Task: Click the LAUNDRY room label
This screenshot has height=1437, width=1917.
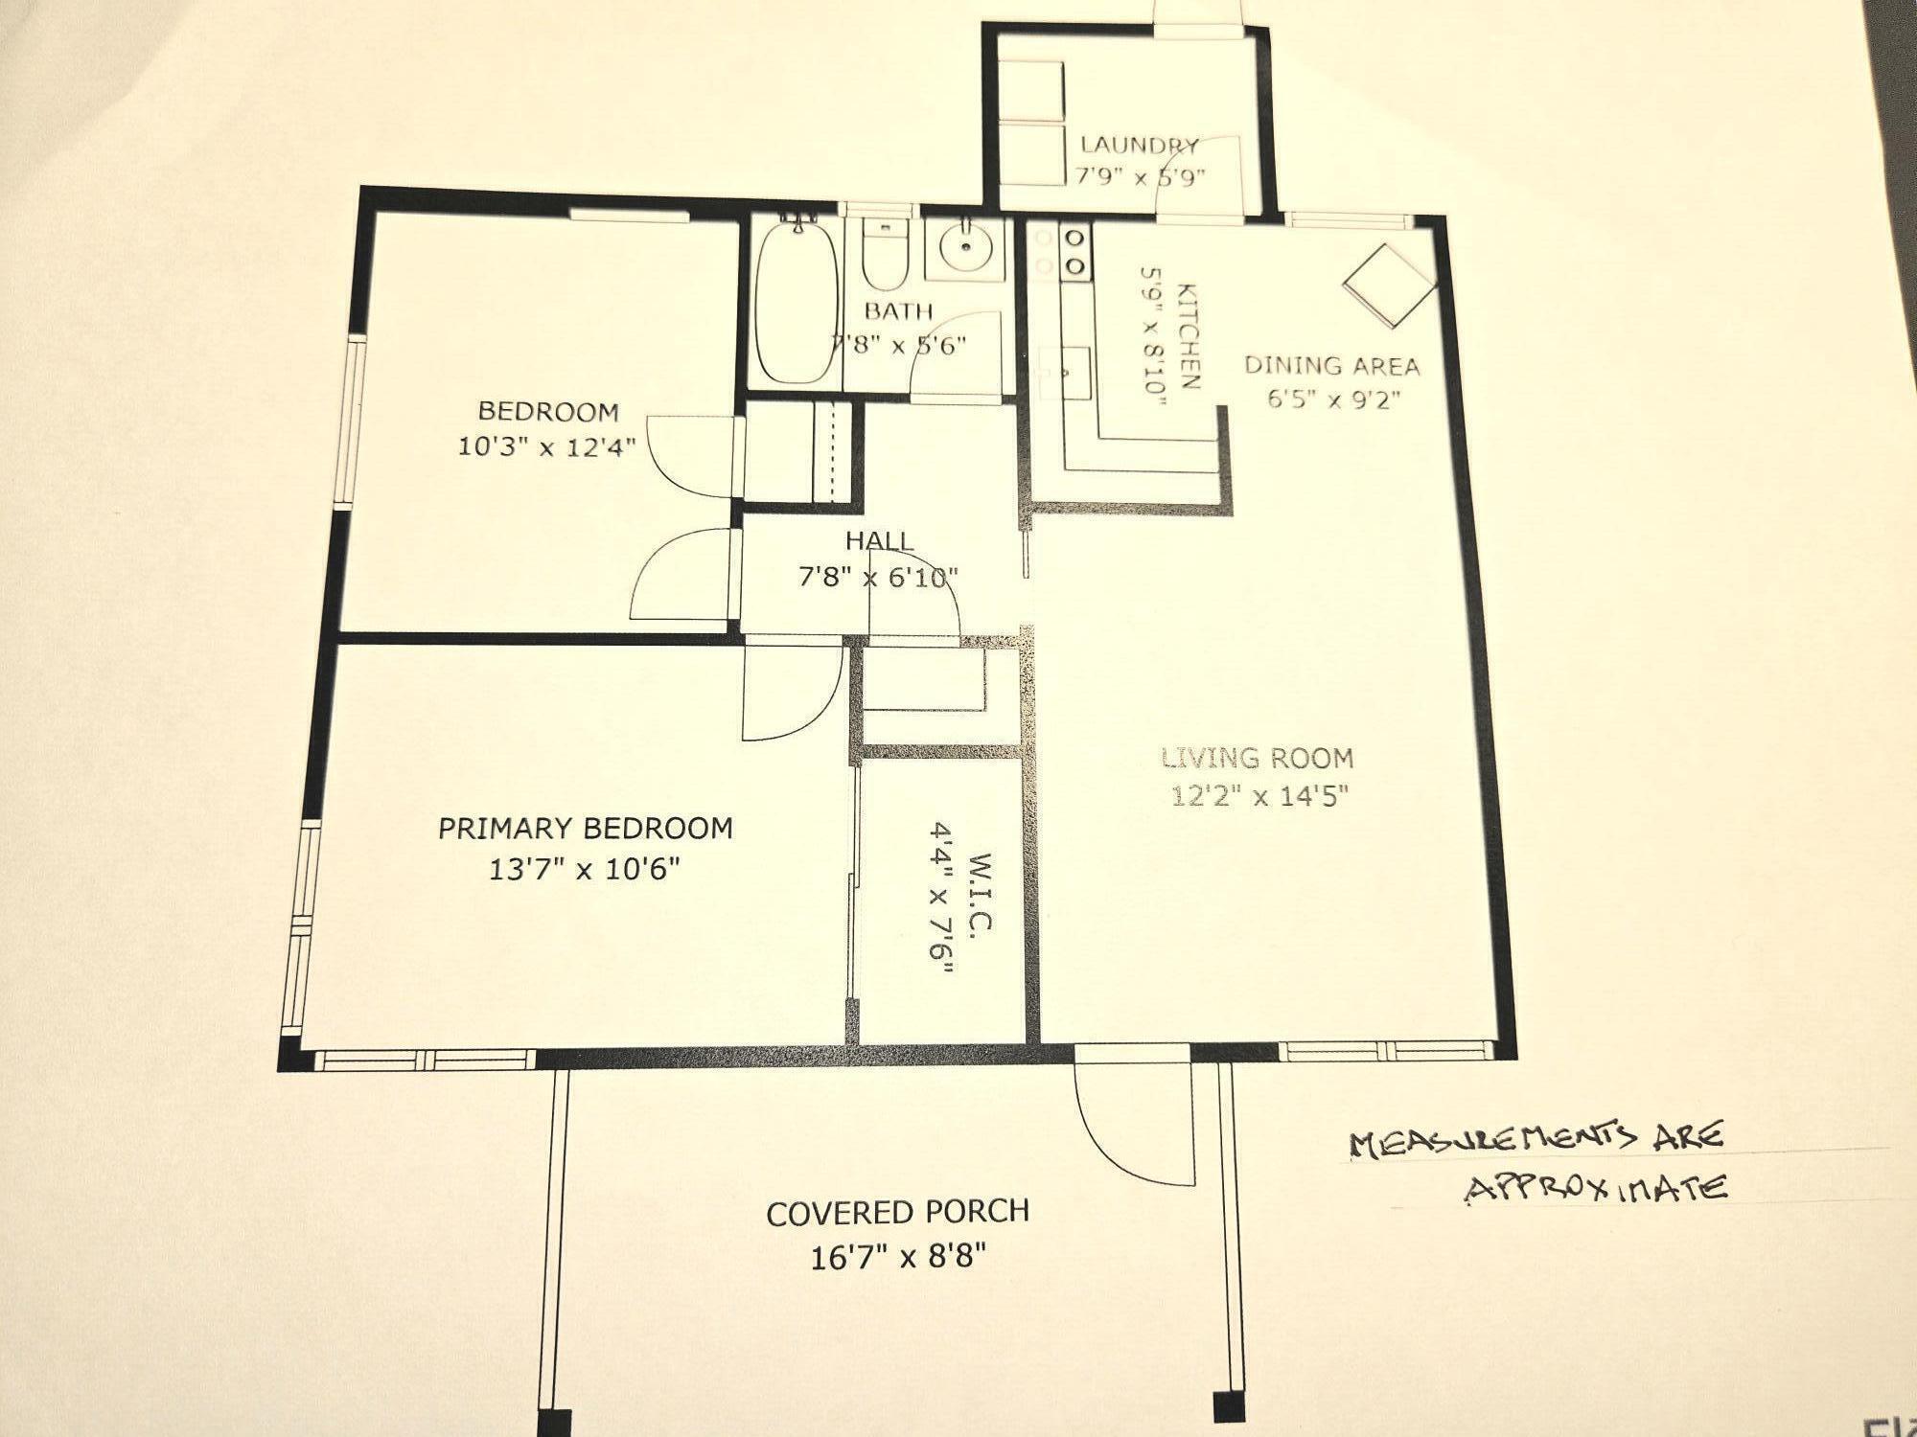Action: coord(1140,146)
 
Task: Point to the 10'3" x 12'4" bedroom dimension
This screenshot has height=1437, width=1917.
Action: coord(547,447)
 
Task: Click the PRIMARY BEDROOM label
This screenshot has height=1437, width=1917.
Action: coord(586,829)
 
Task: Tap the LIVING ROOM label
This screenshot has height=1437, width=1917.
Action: coord(1258,759)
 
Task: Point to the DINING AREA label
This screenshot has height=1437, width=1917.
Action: coord(1331,365)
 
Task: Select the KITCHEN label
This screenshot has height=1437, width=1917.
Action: coord(1188,335)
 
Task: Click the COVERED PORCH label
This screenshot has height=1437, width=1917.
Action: coord(898,1213)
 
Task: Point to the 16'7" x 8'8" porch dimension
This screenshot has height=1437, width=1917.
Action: coord(898,1257)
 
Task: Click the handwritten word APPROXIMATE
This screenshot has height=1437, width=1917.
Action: coord(1597,1189)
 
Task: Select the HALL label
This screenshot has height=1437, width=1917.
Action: coord(880,541)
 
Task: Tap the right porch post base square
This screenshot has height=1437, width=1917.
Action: coord(1229,1406)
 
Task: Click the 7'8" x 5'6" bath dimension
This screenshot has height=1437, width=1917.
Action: coord(899,344)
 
